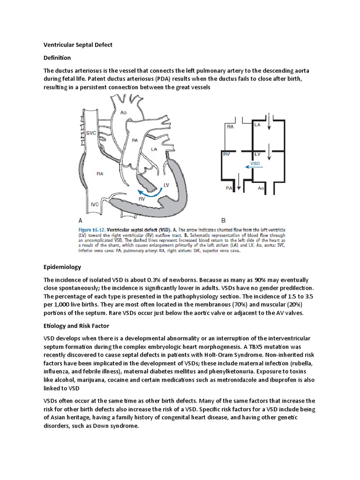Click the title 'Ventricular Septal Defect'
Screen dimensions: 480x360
click(x=78, y=45)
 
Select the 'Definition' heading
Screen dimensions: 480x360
click(x=57, y=58)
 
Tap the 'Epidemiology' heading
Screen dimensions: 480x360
click(x=62, y=267)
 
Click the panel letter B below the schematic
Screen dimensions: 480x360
click(x=224, y=219)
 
